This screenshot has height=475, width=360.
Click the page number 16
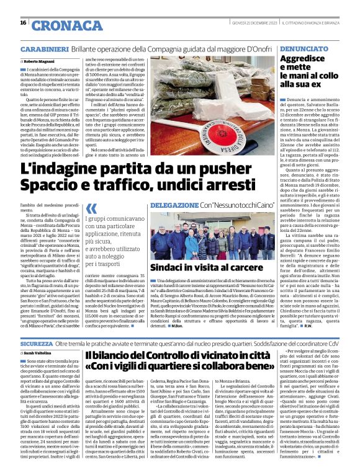point(23,23)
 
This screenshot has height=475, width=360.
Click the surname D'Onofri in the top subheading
point(254,48)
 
